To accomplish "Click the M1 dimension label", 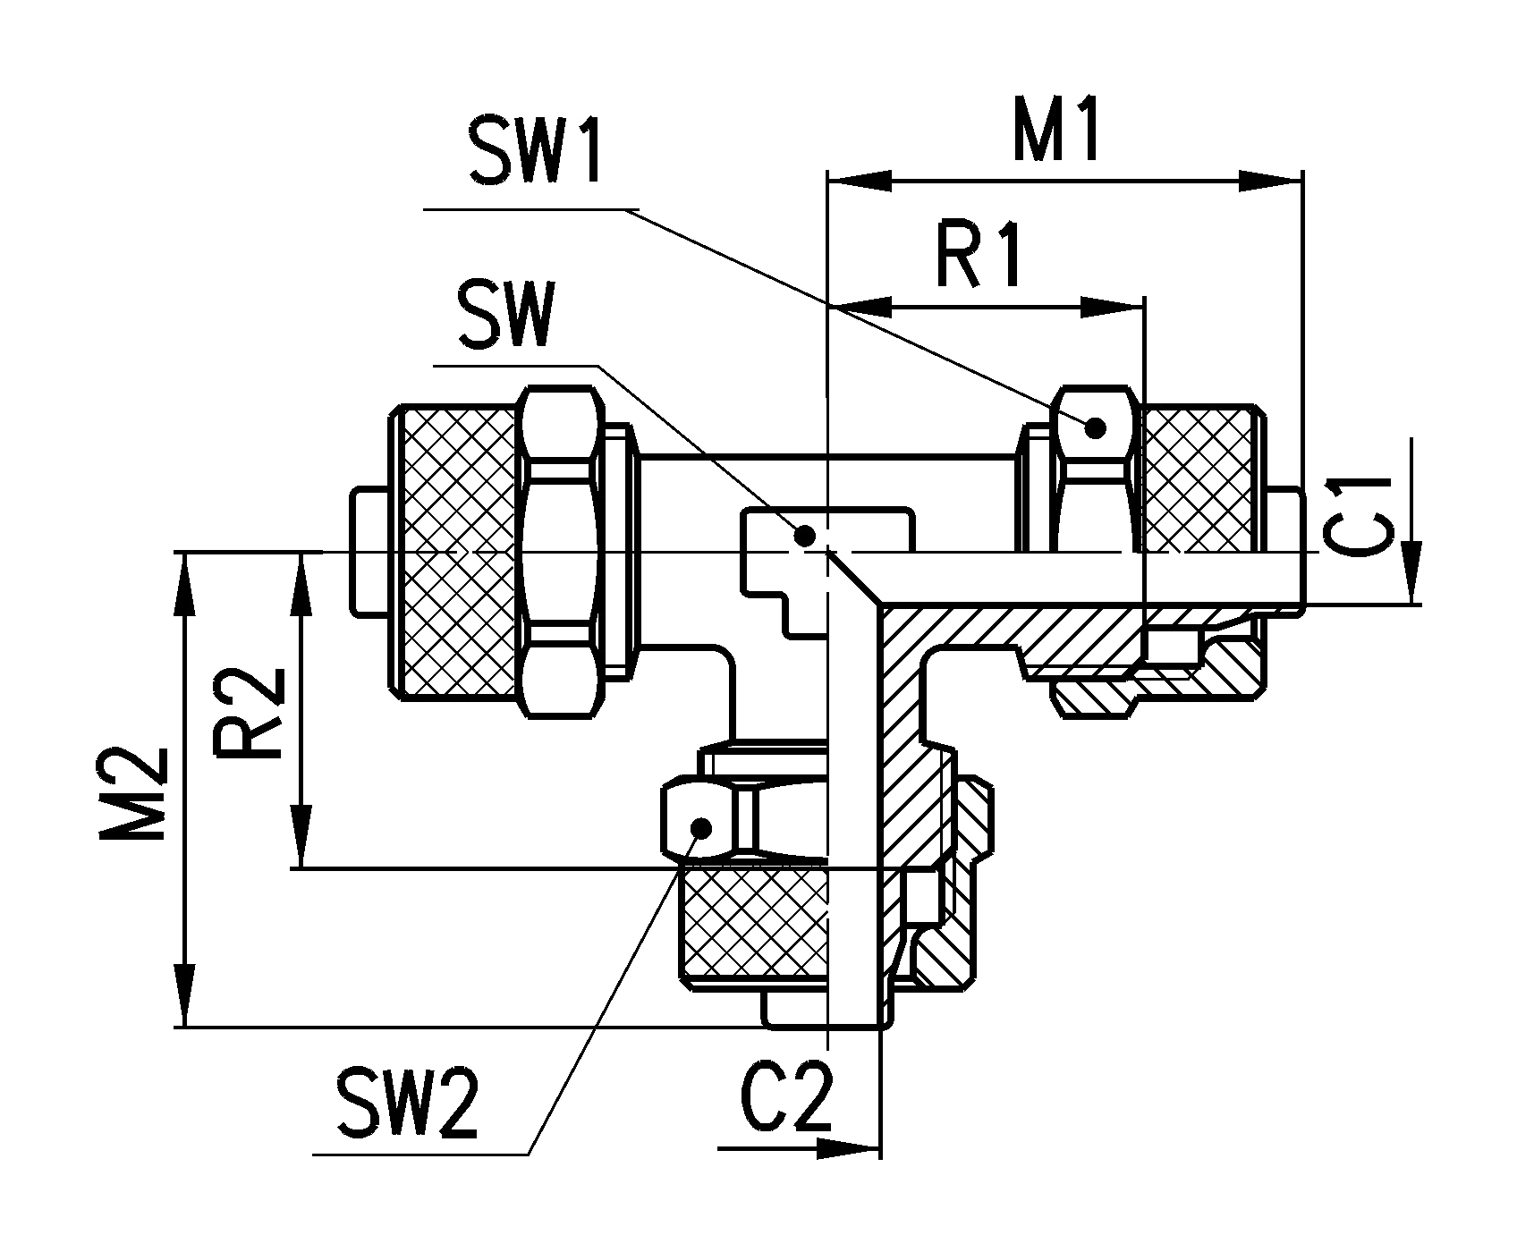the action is click(1055, 130).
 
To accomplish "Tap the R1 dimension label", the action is click(979, 256).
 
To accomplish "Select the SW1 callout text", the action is click(535, 153).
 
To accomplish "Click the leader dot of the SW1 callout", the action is click(1095, 427).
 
